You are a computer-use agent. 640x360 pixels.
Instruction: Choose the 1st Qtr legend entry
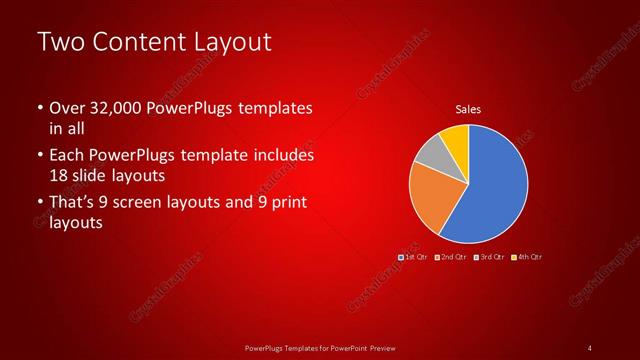click(x=414, y=257)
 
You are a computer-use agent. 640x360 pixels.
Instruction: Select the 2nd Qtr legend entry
click(x=451, y=257)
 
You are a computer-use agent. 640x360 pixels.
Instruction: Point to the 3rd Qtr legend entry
click(x=489, y=257)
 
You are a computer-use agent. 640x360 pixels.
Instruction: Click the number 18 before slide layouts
click(x=59, y=175)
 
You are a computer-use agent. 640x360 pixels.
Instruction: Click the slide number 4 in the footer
click(x=589, y=347)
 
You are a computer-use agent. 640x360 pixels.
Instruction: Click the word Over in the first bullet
click(x=66, y=108)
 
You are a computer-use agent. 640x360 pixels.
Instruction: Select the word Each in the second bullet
click(x=66, y=156)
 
